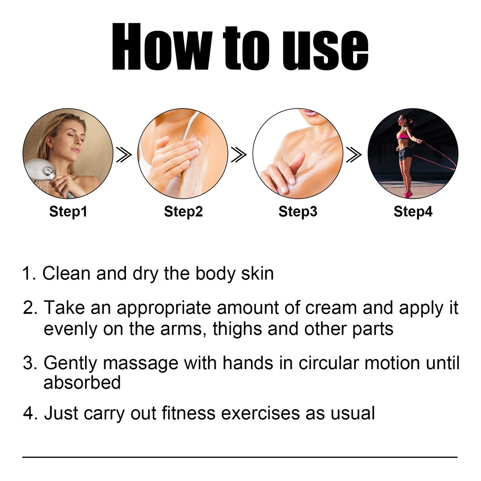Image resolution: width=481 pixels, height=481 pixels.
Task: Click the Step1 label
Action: pos(68,212)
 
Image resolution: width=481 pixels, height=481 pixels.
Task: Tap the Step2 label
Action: pos(183,212)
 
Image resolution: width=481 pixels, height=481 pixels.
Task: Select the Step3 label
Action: pos(297,212)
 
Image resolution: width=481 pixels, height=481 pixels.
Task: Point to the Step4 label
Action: pos(413,212)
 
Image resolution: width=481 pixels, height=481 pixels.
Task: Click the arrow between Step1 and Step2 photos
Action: pos(124,154)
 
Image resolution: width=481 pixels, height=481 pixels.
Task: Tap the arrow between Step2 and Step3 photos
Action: pos(239,154)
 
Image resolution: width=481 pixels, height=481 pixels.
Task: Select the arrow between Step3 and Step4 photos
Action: pos(354,154)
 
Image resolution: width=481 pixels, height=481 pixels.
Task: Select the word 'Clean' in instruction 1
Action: pos(66,273)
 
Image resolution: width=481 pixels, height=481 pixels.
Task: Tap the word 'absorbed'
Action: pos(82,382)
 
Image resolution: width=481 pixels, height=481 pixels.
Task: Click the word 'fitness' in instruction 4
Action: pos(188,413)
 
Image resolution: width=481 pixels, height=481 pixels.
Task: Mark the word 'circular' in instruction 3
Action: pos(328,363)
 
